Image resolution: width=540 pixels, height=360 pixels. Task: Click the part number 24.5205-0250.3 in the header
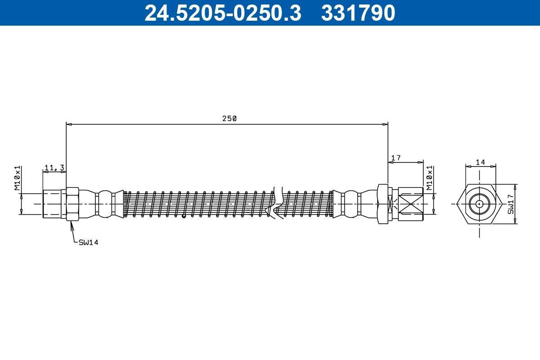tap(223, 13)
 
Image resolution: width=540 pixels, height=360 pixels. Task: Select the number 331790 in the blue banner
tap(358, 13)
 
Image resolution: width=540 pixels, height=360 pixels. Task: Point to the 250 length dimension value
tap(229, 119)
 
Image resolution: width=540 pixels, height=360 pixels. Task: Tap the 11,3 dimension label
tap(54, 168)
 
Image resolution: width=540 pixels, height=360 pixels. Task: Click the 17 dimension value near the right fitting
tap(396, 158)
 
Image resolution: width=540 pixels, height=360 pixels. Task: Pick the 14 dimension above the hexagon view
tap(480, 162)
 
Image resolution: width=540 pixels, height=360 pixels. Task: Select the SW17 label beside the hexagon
tap(511, 204)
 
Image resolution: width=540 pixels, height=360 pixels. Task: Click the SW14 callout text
tap(88, 243)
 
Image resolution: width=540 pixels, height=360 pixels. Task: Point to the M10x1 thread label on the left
tap(18, 178)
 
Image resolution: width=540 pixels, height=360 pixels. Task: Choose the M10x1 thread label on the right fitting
tap(430, 178)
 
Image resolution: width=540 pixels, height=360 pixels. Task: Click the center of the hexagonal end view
tap(480, 204)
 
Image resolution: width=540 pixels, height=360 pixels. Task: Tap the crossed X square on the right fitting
tap(410, 204)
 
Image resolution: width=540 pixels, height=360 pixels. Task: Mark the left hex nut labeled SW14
tap(72, 204)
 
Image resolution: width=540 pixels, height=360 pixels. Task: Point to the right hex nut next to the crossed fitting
tap(382, 204)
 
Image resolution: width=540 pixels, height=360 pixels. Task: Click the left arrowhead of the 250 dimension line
tap(68, 124)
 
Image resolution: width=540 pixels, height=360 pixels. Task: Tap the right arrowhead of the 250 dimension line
tap(386, 124)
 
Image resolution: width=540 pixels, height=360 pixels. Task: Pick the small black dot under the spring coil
tap(184, 216)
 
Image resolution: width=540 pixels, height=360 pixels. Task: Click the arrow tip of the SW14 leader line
tap(71, 222)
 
